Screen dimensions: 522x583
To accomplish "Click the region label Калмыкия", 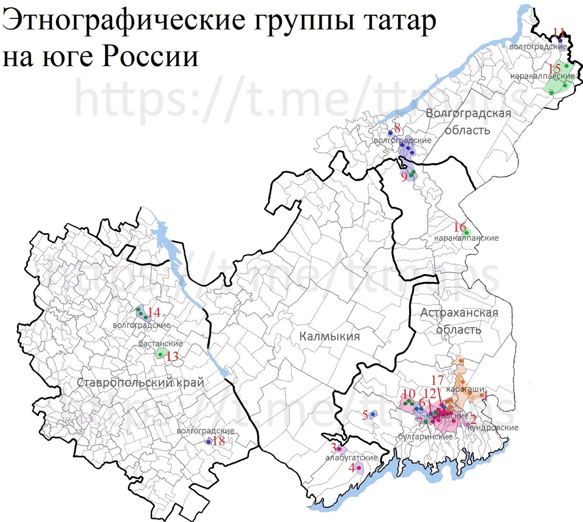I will point(329,336).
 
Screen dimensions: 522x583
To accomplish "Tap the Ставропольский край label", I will point(140,383).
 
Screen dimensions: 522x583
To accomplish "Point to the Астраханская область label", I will point(459,321).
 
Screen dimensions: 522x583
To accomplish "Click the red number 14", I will point(154,313).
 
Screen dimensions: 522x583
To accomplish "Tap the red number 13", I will point(172,356).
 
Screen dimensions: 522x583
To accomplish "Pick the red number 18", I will point(219,441).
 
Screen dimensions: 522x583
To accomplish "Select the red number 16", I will point(460,227).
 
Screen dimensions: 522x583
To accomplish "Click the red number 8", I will point(397,128).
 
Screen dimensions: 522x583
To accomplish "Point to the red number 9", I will point(404,177).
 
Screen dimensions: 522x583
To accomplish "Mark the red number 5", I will point(365,415).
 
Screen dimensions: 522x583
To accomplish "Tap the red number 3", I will point(333,448).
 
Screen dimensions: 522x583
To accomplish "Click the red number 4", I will point(352,469).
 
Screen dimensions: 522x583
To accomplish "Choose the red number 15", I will point(555,69).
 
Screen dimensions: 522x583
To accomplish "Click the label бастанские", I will point(160,344).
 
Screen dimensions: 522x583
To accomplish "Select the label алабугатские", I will point(351,458).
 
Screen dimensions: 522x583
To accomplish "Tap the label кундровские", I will point(493,428).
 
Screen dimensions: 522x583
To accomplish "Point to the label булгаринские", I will point(425,437).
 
